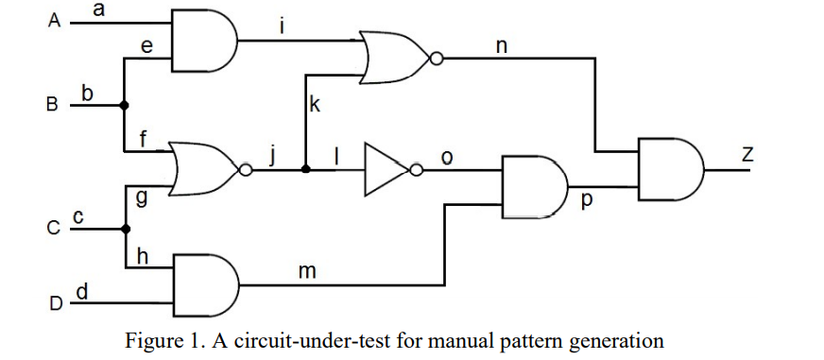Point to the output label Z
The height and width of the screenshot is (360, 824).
[747, 155]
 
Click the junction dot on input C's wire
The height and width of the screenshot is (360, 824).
[125, 228]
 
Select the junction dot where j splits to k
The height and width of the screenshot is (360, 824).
[304, 170]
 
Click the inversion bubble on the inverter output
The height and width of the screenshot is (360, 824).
[415, 170]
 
